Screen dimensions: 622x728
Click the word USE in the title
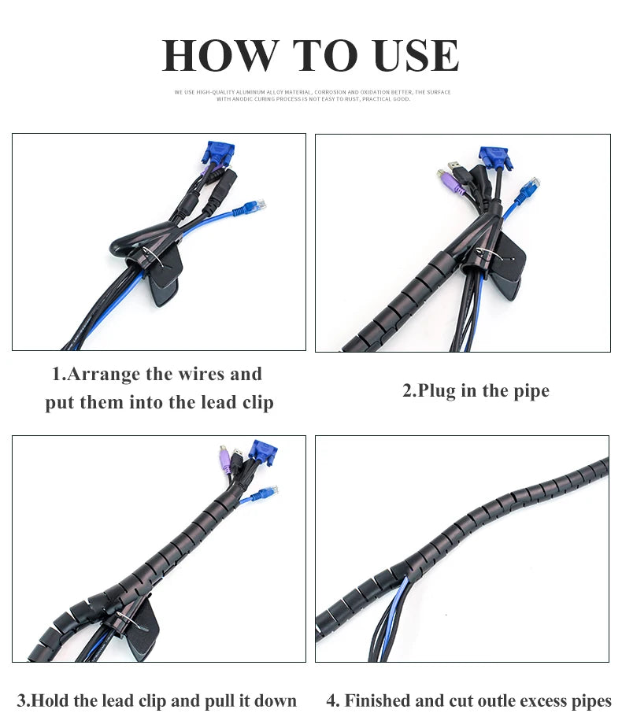416,55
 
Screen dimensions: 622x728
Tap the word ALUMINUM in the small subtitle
252,92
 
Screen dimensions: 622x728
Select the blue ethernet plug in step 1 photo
254,206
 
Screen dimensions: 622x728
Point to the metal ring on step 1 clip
154,257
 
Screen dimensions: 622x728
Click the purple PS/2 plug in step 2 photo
450,182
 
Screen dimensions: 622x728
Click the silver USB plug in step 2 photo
455,166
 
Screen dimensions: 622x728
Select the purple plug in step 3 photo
225,460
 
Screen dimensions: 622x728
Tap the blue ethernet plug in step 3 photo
267,492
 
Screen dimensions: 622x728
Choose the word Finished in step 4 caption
376,700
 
